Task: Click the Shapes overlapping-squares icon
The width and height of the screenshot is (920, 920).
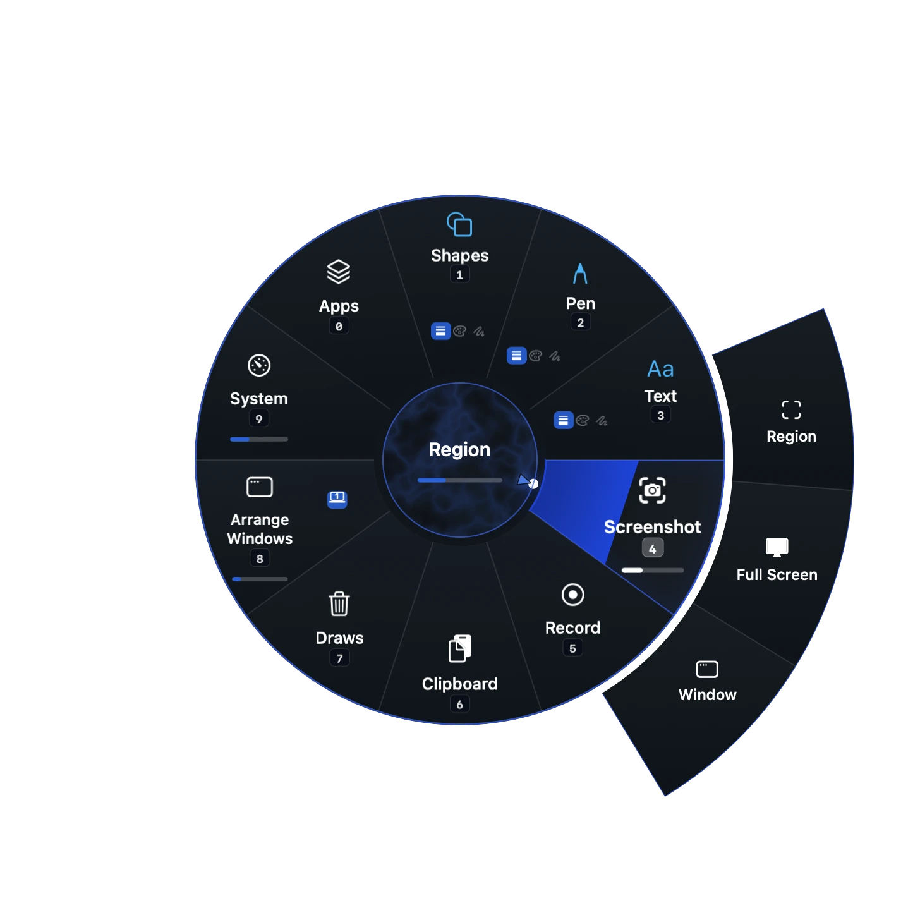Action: (x=459, y=224)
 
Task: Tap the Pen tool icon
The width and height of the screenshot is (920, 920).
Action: (x=579, y=273)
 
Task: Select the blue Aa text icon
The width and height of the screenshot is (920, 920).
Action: (x=660, y=369)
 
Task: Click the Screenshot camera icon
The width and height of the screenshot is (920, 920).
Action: (x=651, y=490)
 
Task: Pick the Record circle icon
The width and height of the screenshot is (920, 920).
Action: (x=572, y=595)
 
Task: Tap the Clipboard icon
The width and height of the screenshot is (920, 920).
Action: (x=459, y=648)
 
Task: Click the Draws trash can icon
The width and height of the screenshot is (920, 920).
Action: (x=339, y=603)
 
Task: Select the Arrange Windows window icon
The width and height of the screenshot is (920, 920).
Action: (x=259, y=487)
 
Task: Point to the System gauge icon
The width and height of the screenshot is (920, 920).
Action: (x=259, y=365)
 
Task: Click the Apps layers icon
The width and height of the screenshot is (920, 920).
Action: (x=339, y=272)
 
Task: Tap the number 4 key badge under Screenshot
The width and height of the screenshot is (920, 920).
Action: (x=652, y=548)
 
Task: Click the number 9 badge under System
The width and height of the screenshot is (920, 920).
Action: (x=259, y=419)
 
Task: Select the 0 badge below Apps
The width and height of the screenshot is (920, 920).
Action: (x=339, y=326)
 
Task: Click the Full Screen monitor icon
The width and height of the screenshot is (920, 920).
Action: (x=777, y=547)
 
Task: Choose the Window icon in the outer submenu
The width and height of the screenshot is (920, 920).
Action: (x=706, y=669)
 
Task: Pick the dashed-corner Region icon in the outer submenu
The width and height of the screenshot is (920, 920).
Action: (x=790, y=409)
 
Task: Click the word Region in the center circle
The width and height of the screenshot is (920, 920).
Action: (x=459, y=450)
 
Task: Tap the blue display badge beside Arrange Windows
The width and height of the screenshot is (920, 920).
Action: (x=337, y=499)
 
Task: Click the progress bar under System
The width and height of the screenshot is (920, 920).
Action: (x=259, y=439)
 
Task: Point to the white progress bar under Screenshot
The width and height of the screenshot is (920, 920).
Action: (x=652, y=570)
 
